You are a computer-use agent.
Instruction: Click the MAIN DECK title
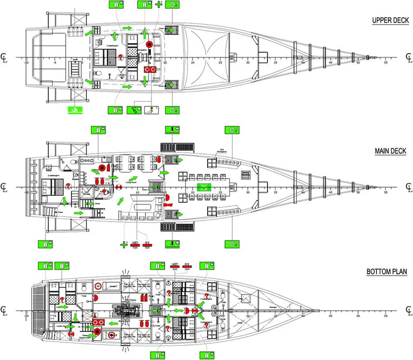pos(390,151)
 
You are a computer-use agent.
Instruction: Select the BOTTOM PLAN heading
pos(386,271)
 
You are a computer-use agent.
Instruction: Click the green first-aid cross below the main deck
pos(124,244)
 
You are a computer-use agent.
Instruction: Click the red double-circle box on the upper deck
pos(149,70)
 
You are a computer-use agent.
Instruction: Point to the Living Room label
pos(132,183)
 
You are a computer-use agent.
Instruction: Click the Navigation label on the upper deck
pos(143,50)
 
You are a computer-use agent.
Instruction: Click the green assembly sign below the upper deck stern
pos(74,109)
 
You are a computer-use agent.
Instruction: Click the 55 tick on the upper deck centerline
pos(386,62)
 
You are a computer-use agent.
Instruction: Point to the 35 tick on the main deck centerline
pos(275,192)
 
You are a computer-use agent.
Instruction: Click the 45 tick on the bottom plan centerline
pos(331,316)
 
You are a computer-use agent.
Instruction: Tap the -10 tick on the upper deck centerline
pos(27,62)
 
